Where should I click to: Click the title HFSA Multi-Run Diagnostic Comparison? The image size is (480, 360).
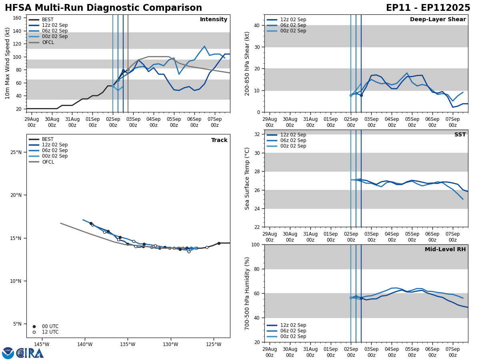(103, 8)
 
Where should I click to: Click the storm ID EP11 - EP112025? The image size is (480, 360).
(428, 8)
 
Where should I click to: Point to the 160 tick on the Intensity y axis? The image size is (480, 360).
(17, 18)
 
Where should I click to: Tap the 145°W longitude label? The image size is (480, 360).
(42, 344)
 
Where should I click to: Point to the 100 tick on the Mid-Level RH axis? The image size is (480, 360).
(255, 244)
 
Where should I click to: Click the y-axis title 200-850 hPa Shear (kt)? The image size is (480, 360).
(248, 63)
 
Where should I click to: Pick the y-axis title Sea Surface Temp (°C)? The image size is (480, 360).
(248, 178)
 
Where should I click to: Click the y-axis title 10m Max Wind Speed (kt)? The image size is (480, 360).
(8, 63)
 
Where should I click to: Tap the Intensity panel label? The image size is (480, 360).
(214, 20)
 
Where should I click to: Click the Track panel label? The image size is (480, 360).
(219, 140)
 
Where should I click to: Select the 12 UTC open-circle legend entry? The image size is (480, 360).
(47, 332)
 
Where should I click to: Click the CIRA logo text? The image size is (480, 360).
(30, 353)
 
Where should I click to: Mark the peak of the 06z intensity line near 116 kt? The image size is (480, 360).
(204, 46)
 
